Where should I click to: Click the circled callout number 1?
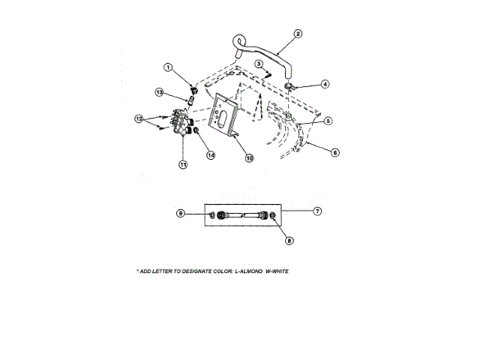(x=169, y=67)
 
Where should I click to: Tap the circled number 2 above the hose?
(x=298, y=34)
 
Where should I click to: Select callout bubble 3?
(x=258, y=64)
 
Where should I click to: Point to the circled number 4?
(x=325, y=84)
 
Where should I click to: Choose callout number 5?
(x=328, y=120)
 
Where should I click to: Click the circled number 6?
(x=334, y=152)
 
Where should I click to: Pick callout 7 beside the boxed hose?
(x=317, y=211)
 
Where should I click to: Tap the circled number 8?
(x=289, y=241)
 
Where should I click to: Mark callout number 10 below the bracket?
(x=249, y=158)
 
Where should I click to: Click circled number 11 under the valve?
(x=182, y=163)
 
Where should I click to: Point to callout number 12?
(x=139, y=118)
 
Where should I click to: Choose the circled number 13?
(x=159, y=92)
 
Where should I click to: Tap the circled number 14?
(x=211, y=155)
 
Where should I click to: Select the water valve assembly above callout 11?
(x=182, y=127)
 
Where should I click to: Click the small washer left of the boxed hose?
(x=212, y=215)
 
